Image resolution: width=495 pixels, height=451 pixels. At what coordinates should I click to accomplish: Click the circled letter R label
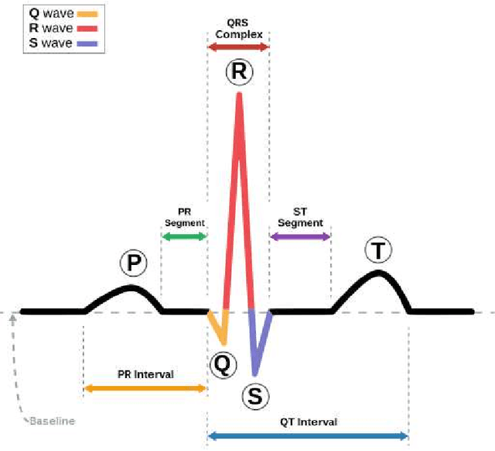[239, 72]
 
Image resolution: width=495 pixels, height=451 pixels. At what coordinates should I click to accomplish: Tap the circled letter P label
[133, 263]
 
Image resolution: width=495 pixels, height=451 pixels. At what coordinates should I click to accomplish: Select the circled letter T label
[377, 250]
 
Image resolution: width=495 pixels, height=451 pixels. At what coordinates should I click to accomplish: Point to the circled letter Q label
[221, 363]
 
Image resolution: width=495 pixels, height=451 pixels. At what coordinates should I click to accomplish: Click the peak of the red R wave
[239, 95]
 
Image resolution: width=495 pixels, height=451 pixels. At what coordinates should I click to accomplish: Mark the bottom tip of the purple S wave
[255, 374]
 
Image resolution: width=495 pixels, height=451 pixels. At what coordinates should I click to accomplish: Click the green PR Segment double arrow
[184, 235]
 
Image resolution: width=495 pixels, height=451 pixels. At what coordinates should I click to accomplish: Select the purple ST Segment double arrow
[300, 235]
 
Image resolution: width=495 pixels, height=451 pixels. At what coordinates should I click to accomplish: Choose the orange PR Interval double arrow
[145, 387]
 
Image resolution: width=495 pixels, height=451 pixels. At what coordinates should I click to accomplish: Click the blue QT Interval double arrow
[308, 436]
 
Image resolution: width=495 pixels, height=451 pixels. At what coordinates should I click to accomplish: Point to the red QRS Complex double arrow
[238, 47]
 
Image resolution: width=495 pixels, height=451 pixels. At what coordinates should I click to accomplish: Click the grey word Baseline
[53, 421]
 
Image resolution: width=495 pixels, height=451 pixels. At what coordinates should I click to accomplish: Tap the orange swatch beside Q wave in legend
[88, 14]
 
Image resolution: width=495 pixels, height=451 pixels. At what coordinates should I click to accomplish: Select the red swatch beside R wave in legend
[88, 29]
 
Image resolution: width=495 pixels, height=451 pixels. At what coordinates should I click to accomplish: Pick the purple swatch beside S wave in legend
[88, 43]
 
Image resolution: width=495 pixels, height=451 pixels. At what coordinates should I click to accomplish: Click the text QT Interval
[308, 422]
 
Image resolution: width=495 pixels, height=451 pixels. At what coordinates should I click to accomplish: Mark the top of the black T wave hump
[377, 271]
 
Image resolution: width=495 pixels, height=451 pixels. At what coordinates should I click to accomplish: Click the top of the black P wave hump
[129, 287]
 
